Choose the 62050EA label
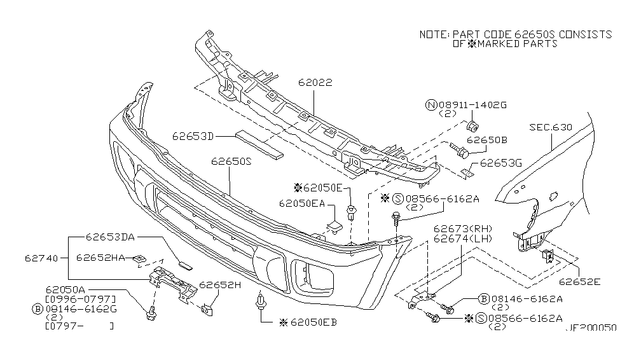(301, 204)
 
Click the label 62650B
(486, 139)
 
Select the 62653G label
(501, 163)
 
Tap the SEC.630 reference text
(551, 128)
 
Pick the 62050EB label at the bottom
(312, 323)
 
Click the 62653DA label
(111, 238)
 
